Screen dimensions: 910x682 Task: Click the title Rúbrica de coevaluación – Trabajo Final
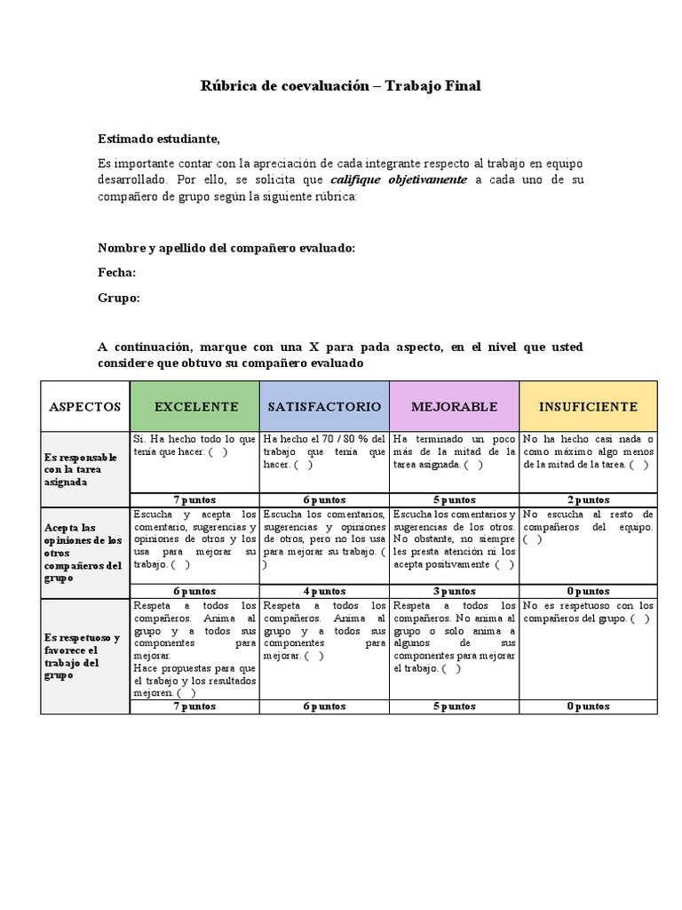[x=340, y=85]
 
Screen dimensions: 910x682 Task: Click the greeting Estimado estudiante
[x=158, y=140]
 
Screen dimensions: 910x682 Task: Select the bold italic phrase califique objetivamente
[x=393, y=180]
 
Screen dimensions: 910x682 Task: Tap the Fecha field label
[x=116, y=273]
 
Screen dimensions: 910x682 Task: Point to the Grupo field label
[x=118, y=299]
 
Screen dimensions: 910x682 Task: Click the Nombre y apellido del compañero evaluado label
[x=226, y=248]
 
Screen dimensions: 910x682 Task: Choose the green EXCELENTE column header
[x=195, y=406]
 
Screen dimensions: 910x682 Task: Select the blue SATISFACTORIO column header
[x=324, y=406]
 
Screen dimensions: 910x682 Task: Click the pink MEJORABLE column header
[x=454, y=406]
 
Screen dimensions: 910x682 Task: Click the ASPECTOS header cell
[x=85, y=406]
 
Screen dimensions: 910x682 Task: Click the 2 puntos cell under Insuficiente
[x=588, y=499]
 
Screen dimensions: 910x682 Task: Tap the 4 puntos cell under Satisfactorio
[x=324, y=590]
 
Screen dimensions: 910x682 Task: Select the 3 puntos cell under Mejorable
[x=454, y=590]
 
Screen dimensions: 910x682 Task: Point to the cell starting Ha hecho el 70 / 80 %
[x=324, y=451]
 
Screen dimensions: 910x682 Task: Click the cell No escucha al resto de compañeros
[x=588, y=526]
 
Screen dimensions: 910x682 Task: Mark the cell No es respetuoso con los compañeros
[x=588, y=611]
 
